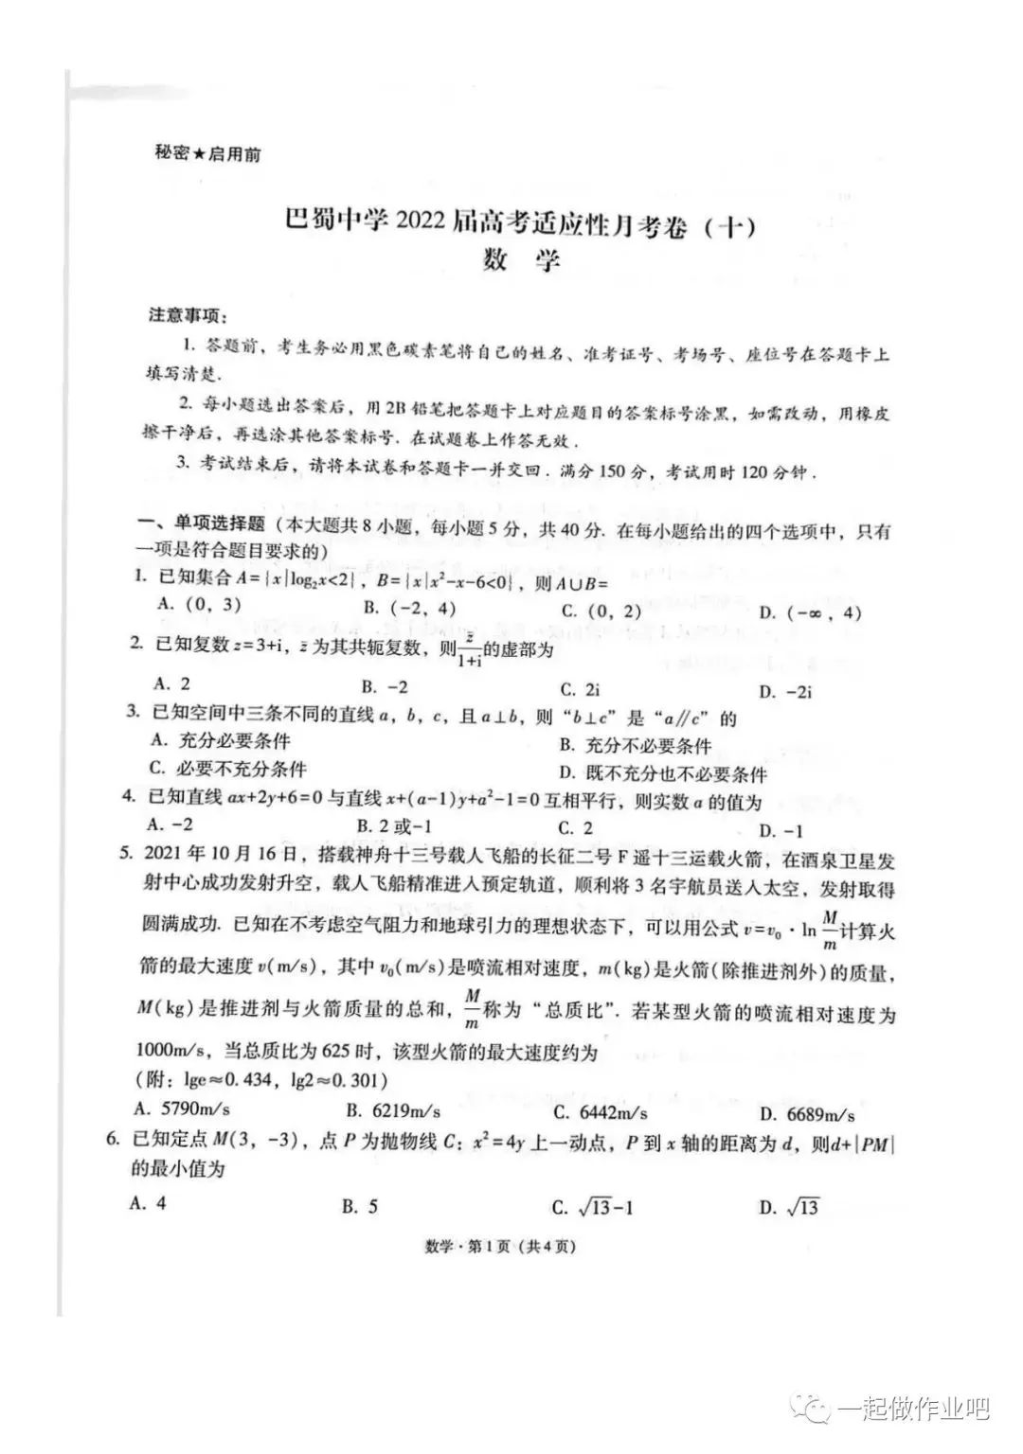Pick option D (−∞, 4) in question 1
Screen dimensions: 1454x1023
811,612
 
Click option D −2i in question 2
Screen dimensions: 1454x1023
786,692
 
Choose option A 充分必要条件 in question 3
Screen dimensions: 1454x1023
220,741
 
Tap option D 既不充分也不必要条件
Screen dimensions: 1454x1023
662,774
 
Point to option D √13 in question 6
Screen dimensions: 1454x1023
789,1207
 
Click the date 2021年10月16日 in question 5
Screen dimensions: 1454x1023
222,856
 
